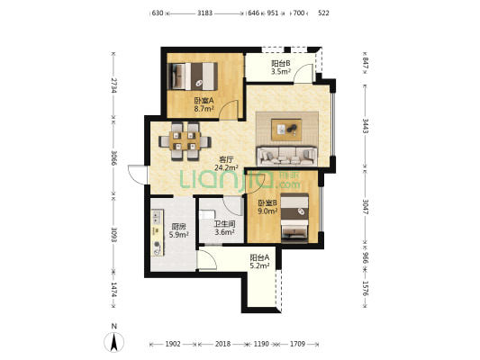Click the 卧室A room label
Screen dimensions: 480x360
[204, 100]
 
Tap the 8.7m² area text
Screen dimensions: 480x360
[204, 108]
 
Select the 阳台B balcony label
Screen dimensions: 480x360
[281, 64]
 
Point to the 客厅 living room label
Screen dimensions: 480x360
[227, 159]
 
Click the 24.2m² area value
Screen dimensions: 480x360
[227, 167]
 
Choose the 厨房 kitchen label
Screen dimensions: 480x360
[178, 227]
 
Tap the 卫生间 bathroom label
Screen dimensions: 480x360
[224, 224]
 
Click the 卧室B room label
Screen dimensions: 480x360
[267, 202]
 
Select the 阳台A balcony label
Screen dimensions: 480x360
[259, 257]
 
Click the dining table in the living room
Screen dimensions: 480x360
[185, 141]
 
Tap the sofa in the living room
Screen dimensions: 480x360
[287, 156]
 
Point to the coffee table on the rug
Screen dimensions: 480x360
[286, 130]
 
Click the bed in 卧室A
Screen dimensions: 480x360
[193, 76]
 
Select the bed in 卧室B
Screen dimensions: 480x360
[294, 216]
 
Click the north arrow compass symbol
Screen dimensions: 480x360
[113, 342]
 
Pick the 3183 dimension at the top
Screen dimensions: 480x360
[204, 13]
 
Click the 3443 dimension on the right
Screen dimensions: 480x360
[366, 126]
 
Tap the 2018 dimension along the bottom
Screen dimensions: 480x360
[222, 344]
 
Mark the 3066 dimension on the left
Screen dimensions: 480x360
[113, 157]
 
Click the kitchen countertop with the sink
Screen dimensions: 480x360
[158, 232]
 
